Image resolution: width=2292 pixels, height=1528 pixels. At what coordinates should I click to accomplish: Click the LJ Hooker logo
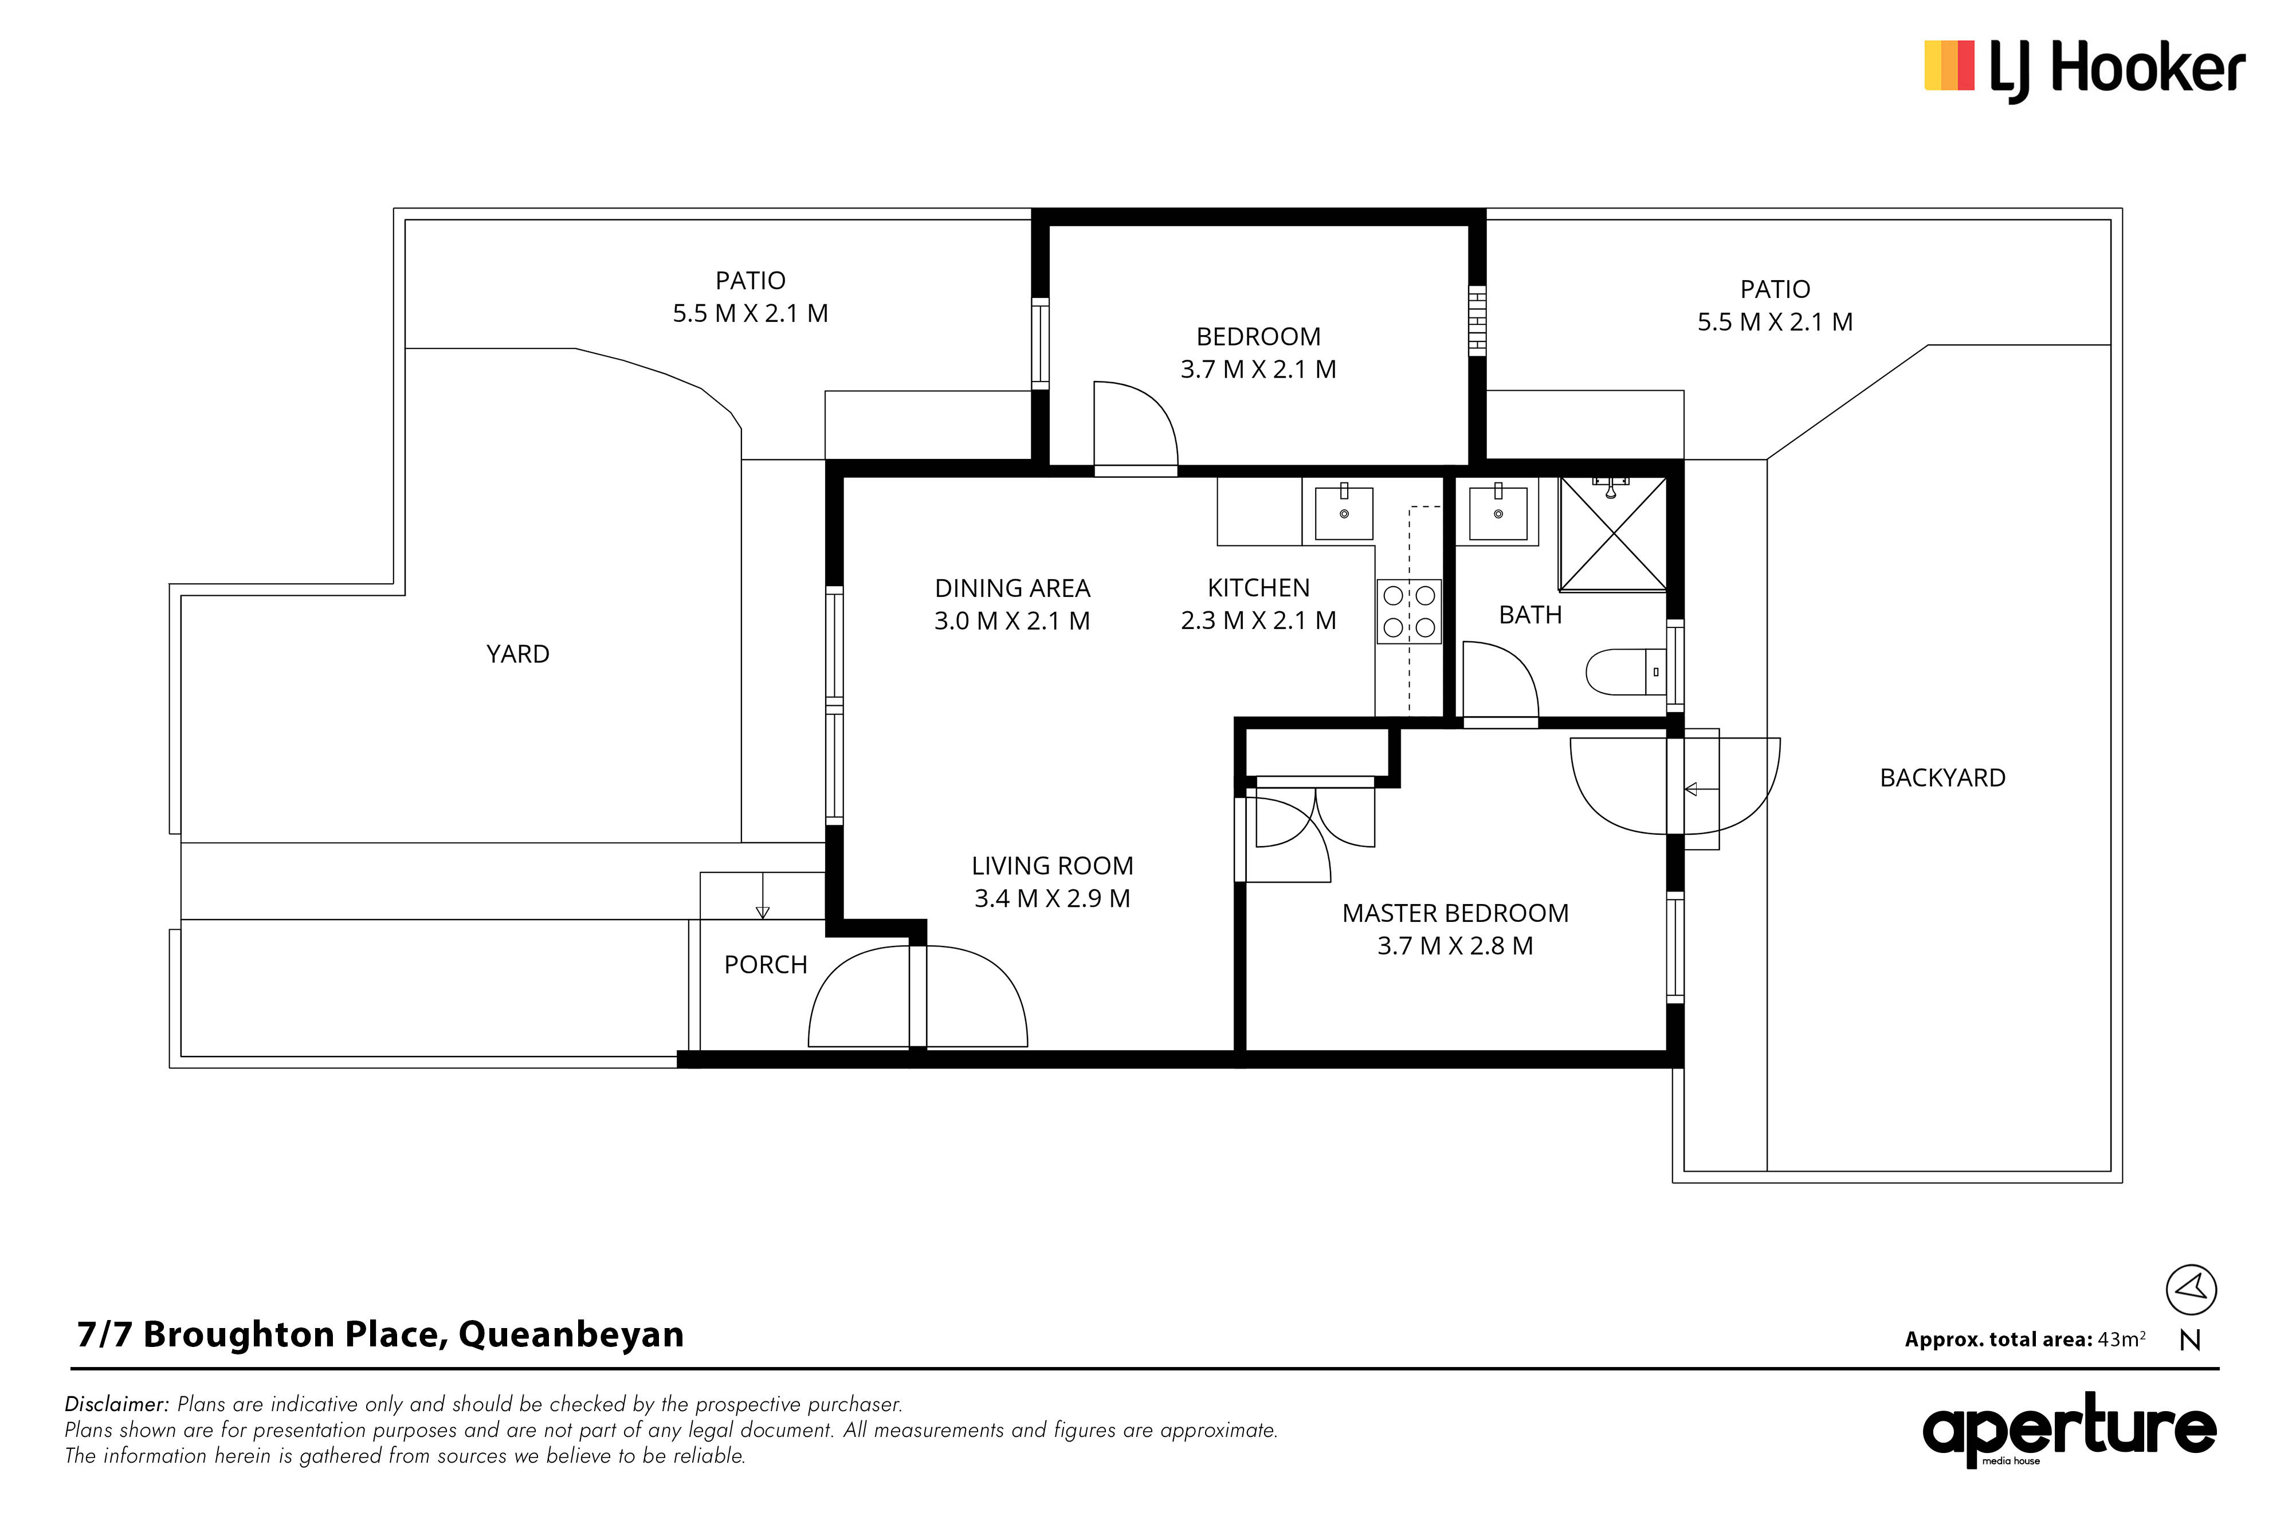2085,70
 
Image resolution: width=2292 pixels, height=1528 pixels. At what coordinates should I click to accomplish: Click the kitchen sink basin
1344,513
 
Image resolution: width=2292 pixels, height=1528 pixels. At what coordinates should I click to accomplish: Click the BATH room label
1530,615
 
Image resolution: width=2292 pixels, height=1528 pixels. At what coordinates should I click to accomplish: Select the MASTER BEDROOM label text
1455,913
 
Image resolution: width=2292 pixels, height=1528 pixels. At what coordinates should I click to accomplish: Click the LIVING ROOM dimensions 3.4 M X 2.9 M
1053,898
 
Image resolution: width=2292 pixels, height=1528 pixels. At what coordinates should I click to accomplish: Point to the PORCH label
766,965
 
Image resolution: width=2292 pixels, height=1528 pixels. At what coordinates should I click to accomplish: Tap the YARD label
517,654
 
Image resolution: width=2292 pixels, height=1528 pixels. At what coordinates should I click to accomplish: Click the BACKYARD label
1942,777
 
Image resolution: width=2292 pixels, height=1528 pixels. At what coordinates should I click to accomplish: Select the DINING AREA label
1012,588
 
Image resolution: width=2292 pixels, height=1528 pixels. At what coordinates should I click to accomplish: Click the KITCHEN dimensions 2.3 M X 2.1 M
1258,620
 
